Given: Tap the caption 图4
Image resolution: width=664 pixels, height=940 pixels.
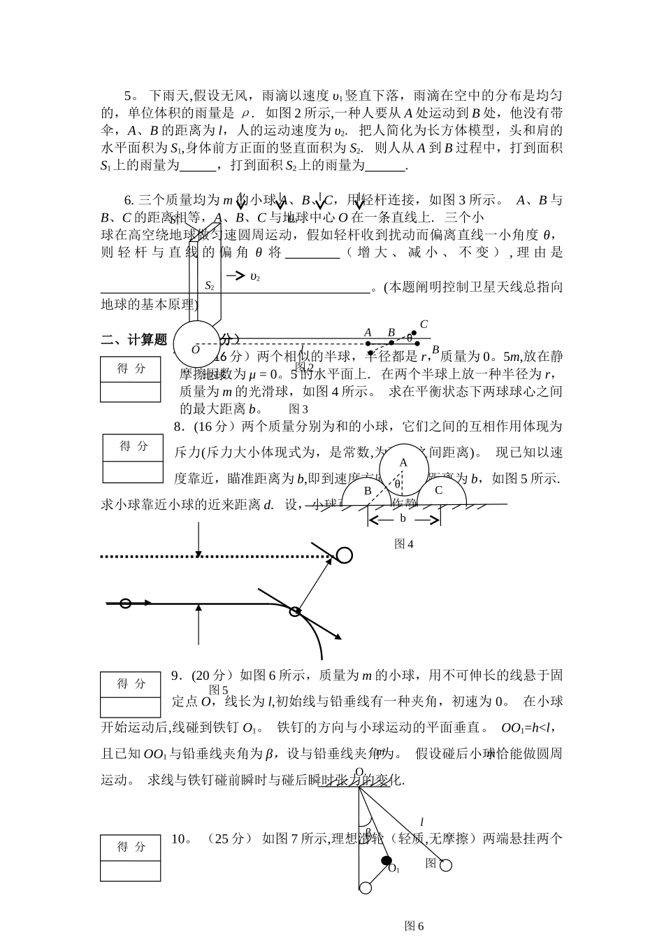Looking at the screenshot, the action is point(404,543).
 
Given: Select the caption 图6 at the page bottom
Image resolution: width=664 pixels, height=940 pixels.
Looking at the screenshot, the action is point(414,925).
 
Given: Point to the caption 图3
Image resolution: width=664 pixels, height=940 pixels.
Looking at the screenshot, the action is point(298,409).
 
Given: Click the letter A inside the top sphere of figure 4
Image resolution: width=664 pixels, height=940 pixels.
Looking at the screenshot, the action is point(403,462).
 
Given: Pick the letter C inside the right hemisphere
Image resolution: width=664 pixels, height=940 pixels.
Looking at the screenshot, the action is point(439,490).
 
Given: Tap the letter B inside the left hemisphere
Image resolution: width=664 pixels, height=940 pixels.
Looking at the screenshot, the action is point(368,490).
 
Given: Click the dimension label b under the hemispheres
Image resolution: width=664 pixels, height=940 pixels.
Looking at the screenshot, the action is point(403,518).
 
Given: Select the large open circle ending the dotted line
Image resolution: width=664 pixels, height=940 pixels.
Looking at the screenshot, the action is point(345,555).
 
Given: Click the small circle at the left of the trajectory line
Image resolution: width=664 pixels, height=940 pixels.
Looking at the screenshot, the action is point(125,603).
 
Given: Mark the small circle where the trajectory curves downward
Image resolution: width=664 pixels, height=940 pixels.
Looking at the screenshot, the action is point(295,611).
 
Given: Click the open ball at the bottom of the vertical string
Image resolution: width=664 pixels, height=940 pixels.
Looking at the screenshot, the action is point(365,888).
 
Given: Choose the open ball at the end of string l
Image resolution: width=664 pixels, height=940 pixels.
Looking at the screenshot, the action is point(446,865).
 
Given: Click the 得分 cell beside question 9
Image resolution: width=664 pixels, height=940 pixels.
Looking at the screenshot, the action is point(131,684).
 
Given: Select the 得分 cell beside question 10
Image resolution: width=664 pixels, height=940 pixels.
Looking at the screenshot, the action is point(131,846).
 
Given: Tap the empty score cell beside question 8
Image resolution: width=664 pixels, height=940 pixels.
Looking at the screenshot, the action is point(132,472).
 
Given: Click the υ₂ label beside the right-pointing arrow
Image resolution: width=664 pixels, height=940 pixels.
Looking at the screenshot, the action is point(254,277).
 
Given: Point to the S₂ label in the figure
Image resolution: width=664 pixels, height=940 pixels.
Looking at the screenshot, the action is point(209,285).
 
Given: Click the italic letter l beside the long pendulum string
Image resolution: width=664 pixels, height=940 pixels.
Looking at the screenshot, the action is point(421,822).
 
